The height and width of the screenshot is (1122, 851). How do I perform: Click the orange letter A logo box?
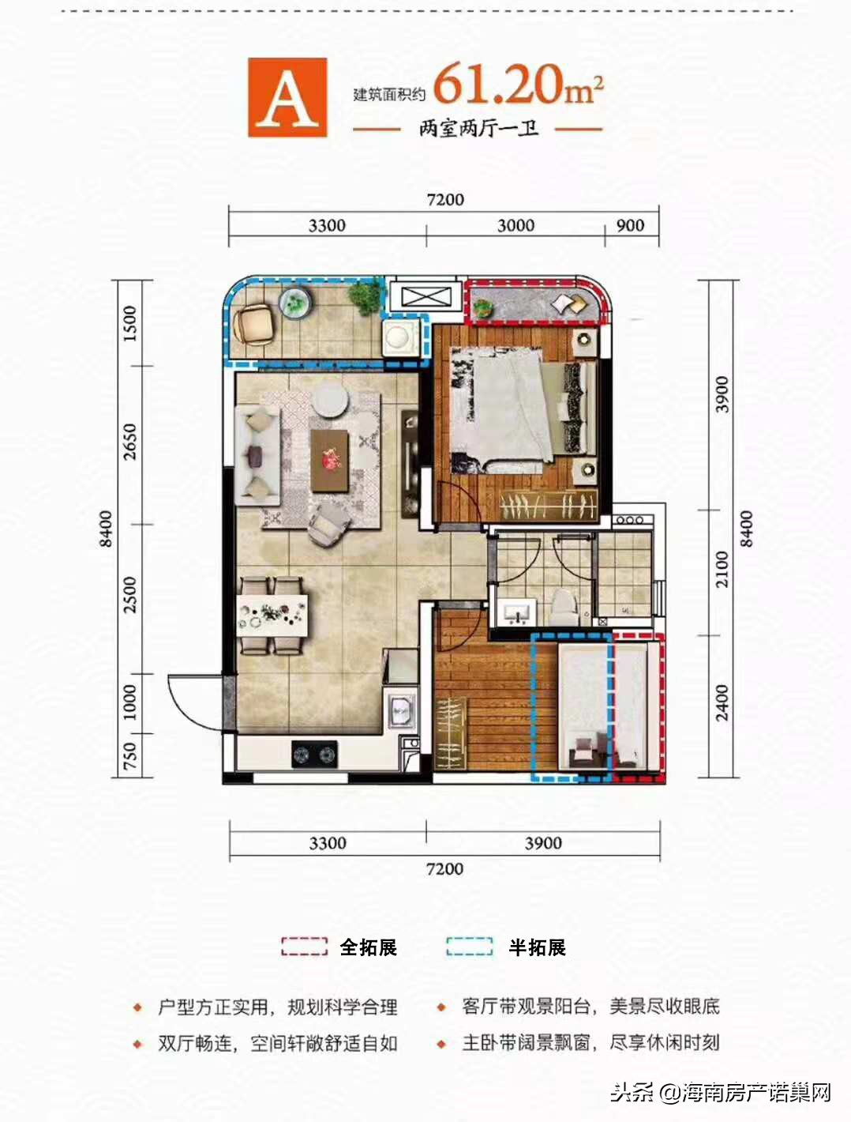click(x=287, y=97)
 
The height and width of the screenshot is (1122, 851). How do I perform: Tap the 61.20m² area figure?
click(x=518, y=85)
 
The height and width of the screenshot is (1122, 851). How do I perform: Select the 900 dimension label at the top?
click(x=630, y=225)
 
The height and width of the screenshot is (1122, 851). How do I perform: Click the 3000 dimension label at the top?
click(x=515, y=225)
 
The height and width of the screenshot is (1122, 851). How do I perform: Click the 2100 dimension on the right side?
click(x=722, y=569)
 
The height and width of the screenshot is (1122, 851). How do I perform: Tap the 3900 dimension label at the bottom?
click(x=543, y=843)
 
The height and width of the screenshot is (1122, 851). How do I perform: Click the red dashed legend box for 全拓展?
click(x=304, y=947)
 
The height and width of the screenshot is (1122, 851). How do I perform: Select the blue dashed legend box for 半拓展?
click(x=469, y=947)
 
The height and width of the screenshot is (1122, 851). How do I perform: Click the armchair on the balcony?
click(x=255, y=324)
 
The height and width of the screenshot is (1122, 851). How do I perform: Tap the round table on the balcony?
click(x=295, y=303)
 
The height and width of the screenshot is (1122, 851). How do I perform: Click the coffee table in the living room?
click(x=330, y=460)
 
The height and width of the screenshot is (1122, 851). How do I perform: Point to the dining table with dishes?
click(x=272, y=615)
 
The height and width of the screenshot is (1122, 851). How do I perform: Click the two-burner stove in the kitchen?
click(x=314, y=754)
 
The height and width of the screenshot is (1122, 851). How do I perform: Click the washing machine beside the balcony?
click(x=399, y=338)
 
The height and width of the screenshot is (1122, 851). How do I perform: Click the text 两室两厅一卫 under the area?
click(x=478, y=129)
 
